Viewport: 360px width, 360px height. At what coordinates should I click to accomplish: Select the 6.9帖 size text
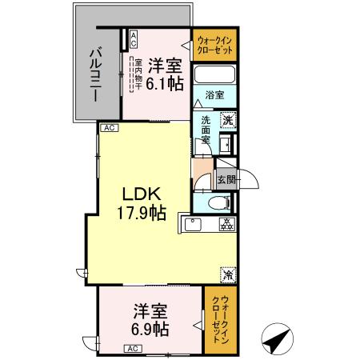149,328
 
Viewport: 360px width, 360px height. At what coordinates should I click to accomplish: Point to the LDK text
143,194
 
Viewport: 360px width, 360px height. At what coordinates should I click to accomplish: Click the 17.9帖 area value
143,214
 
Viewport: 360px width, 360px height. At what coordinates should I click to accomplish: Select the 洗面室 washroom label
206,129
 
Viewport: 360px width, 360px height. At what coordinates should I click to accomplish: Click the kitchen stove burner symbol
226,225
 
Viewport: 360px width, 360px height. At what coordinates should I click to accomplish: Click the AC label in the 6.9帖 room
133,348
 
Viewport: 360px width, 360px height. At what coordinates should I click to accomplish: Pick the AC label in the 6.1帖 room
133,38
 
